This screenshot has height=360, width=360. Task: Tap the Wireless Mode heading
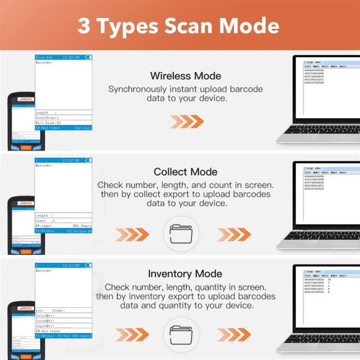point(185,76)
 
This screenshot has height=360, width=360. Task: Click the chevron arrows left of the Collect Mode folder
point(131,233)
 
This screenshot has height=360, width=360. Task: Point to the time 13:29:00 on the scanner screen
point(70,57)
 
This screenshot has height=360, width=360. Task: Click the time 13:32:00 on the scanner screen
point(70,160)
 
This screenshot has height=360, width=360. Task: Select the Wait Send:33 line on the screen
point(50,122)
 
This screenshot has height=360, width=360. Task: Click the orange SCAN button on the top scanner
point(26,148)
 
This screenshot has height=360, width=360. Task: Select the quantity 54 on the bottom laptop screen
point(329,279)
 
